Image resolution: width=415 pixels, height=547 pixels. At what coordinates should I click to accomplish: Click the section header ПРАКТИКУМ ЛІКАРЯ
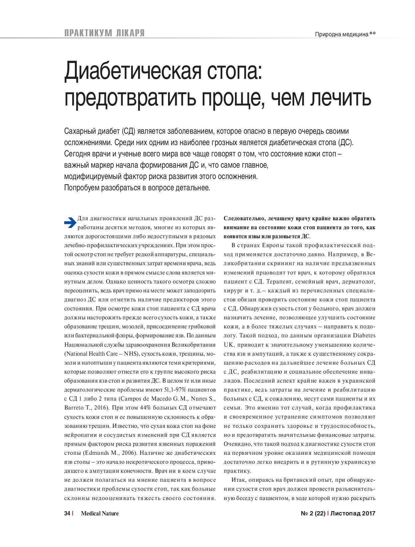pyautogui.click(x=104, y=33)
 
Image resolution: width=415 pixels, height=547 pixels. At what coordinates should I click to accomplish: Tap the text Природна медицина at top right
pyautogui.click(x=341, y=34)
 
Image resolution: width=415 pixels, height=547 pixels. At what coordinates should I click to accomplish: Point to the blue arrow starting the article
pyautogui.click(x=70, y=223)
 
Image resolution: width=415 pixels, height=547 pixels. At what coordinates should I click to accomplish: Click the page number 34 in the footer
pyautogui.click(x=67, y=513)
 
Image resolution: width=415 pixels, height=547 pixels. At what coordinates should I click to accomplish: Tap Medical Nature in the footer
pyautogui.click(x=100, y=513)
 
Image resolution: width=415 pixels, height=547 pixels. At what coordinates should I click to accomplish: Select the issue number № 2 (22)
pyautogui.click(x=313, y=513)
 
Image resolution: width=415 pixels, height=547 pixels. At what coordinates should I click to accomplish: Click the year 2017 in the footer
pyautogui.click(x=369, y=513)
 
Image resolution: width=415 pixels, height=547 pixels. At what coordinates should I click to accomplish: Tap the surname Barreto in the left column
pyautogui.click(x=74, y=408)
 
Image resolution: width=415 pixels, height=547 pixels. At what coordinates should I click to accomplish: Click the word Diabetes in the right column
pyautogui.click(x=364, y=335)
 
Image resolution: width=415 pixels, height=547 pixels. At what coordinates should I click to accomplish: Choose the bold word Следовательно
pyautogui.click(x=244, y=219)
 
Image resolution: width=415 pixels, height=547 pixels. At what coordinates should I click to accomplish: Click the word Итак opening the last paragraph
pyautogui.click(x=238, y=480)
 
